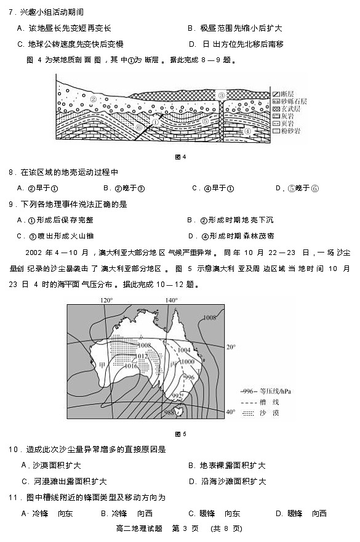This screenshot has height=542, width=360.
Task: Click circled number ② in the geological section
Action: (x=94, y=98)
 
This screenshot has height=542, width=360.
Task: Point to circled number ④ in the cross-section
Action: (x=247, y=131)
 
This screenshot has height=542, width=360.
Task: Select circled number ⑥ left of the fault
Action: (x=140, y=127)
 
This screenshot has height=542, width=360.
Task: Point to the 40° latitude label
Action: (x=231, y=411)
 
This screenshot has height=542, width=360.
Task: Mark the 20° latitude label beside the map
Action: (x=230, y=347)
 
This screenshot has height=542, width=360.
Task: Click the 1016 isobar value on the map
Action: (x=131, y=366)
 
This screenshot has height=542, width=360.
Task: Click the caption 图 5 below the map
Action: (x=180, y=434)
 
